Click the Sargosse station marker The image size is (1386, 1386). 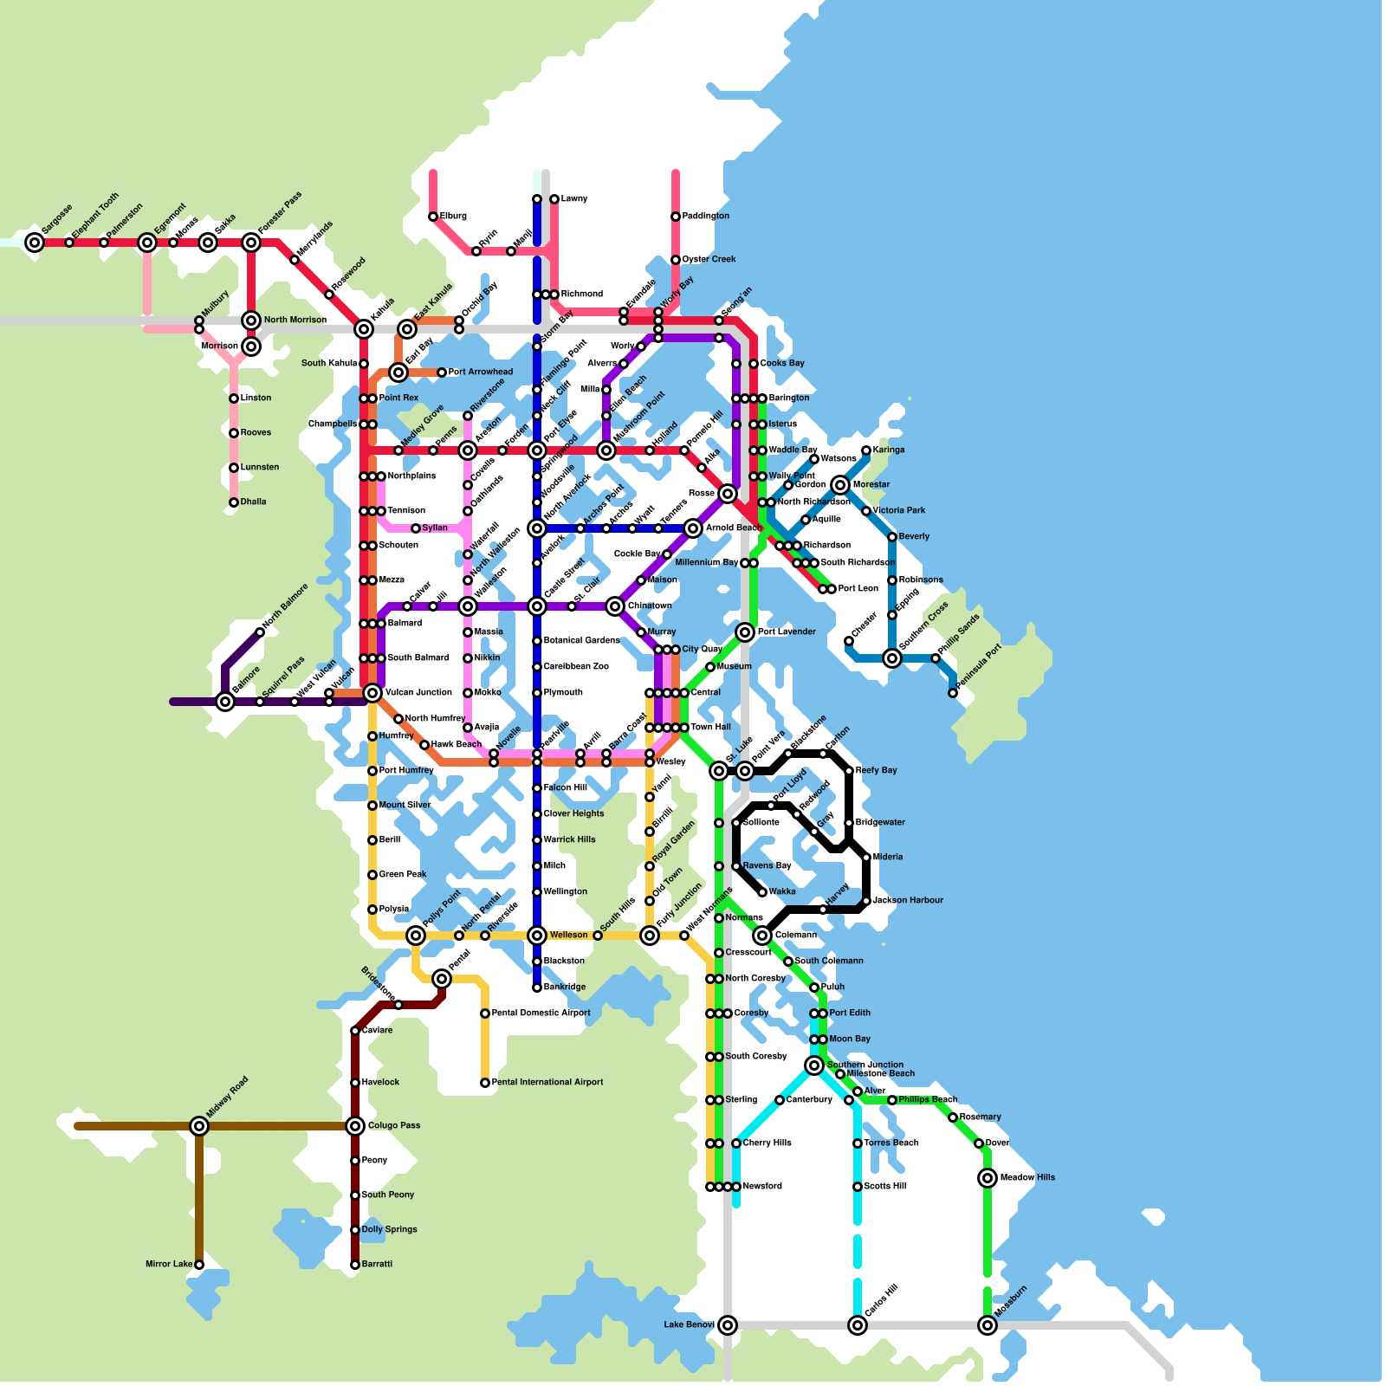pyautogui.click(x=35, y=243)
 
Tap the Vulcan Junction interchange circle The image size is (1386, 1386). pyautogui.click(x=372, y=693)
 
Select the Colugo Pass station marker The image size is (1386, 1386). pyautogui.click(x=355, y=1126)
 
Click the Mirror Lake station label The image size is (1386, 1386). pyautogui.click(x=169, y=1265)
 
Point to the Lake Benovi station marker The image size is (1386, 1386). pyautogui.click(x=728, y=1325)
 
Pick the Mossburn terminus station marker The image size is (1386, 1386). pyautogui.click(x=988, y=1325)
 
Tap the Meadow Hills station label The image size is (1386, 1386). pyautogui.click(x=1027, y=1178)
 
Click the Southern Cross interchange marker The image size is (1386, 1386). pyautogui.click(x=892, y=658)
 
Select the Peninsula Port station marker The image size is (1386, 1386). pyautogui.click(x=953, y=693)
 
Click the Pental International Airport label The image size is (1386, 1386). pyautogui.click(x=547, y=1083)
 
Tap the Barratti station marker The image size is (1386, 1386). pyautogui.click(x=355, y=1265)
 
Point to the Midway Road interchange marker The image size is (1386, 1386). pyautogui.click(x=199, y=1126)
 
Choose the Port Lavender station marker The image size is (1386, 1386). pyautogui.click(x=745, y=632)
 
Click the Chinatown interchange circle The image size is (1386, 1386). pyautogui.click(x=615, y=606)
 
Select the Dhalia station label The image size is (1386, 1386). pyautogui.click(x=254, y=502)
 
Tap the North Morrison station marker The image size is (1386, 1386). pyautogui.click(x=251, y=321)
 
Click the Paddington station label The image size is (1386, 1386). pyautogui.click(x=706, y=217)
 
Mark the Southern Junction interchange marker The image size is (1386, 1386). pyautogui.click(x=814, y=1065)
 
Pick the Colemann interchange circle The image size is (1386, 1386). pyautogui.click(x=762, y=936)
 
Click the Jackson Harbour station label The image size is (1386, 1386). pyautogui.click(x=908, y=901)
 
